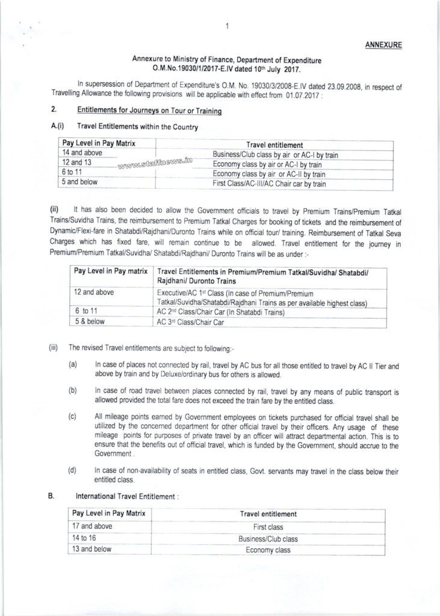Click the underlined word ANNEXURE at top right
coord(385,45)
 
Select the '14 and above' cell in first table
coord(82,153)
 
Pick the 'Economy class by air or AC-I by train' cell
coord(267,164)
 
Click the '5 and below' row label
coord(79,181)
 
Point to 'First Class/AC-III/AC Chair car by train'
coord(270,183)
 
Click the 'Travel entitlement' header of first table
coord(274,144)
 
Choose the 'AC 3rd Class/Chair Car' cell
coord(190,322)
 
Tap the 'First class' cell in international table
coord(268,526)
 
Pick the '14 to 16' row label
coord(85,538)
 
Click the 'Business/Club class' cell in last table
coord(268,538)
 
